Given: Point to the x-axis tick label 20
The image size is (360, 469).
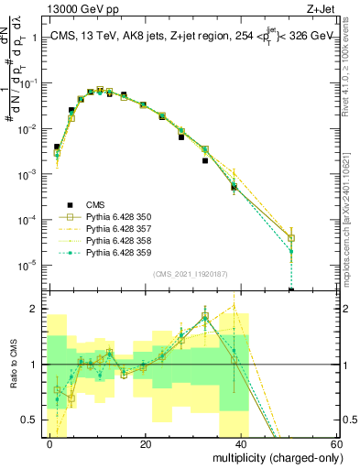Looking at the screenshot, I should click(146, 443).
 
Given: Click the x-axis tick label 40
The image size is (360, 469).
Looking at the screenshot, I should click(241, 443).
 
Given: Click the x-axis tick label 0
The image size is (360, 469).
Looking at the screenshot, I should click(50, 443).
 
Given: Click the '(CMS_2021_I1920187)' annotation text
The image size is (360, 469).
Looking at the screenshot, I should click(193, 273).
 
